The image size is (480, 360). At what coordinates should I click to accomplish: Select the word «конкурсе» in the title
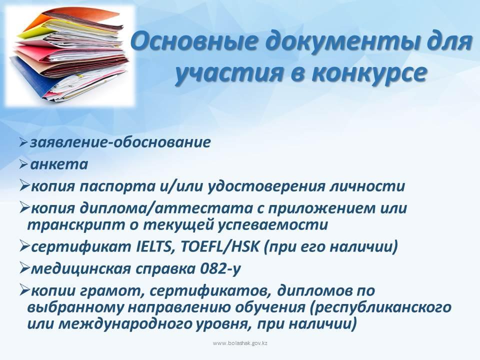(368, 73)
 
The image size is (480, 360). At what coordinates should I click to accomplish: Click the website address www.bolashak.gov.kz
(240, 343)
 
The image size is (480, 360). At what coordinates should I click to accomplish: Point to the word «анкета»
(59, 164)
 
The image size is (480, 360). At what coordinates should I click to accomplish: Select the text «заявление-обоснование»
(120, 142)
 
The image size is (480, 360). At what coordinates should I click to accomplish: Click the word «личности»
(367, 186)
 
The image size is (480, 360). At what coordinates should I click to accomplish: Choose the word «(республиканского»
(381, 307)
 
